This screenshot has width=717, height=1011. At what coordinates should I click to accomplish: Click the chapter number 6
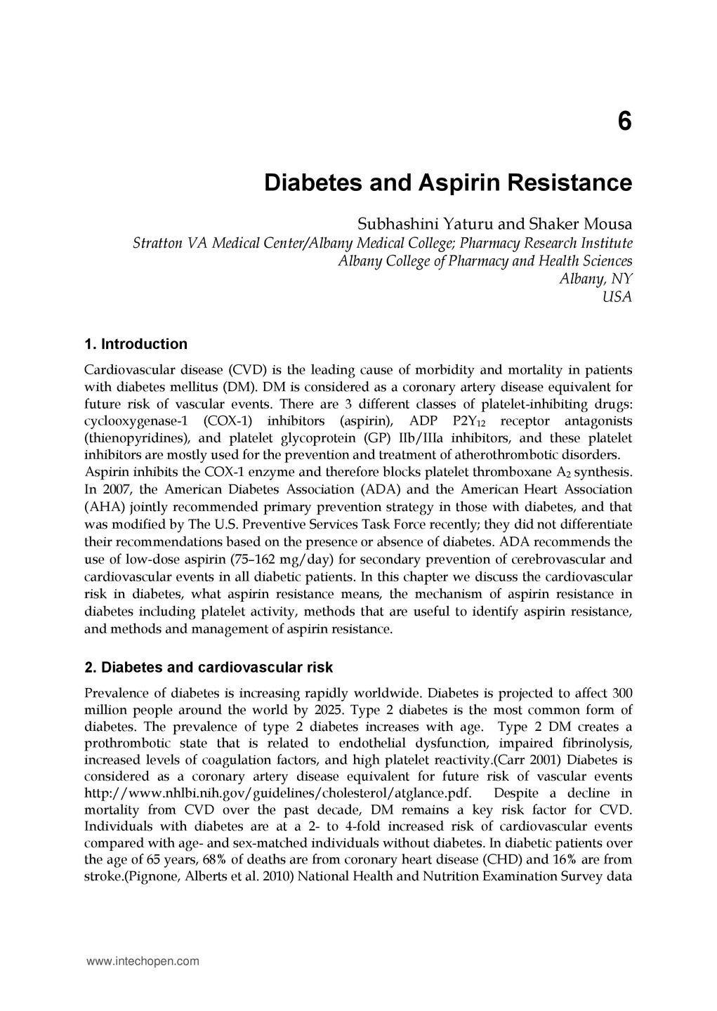point(624,122)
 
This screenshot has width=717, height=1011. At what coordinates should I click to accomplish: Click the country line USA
point(617,297)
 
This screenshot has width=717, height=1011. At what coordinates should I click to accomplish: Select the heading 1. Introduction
point(136,345)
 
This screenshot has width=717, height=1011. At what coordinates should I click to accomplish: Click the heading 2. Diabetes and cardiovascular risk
point(208,667)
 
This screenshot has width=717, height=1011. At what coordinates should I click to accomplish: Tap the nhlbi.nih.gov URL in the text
point(277,793)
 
